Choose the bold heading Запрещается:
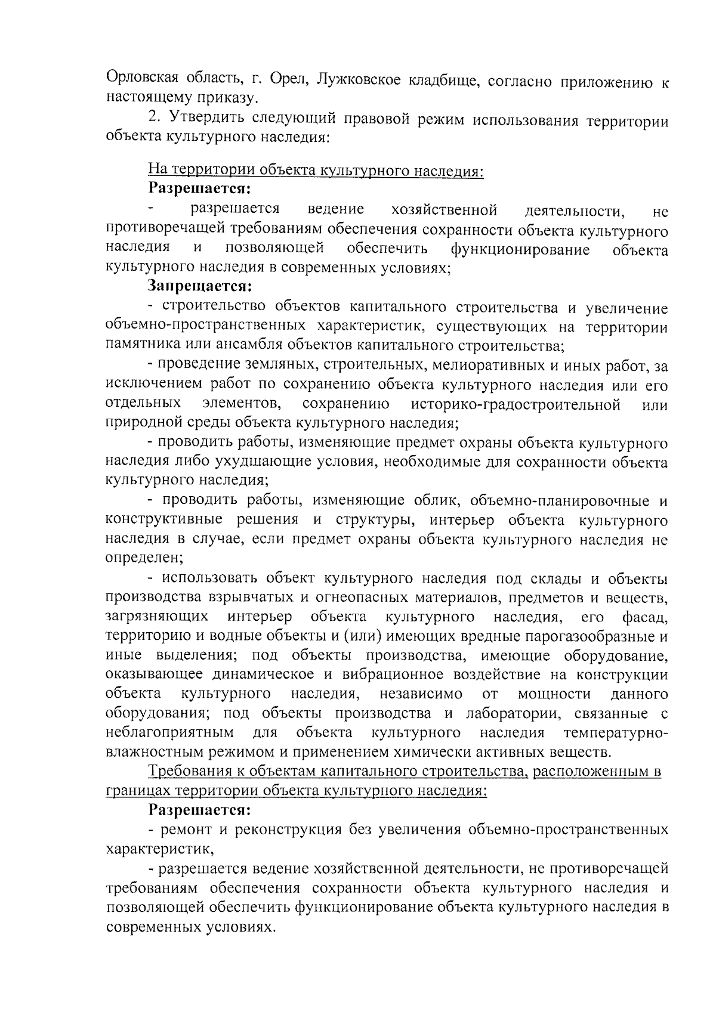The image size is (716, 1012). (x=197, y=287)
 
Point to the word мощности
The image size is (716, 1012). (x=554, y=694)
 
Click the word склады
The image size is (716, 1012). (x=557, y=578)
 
